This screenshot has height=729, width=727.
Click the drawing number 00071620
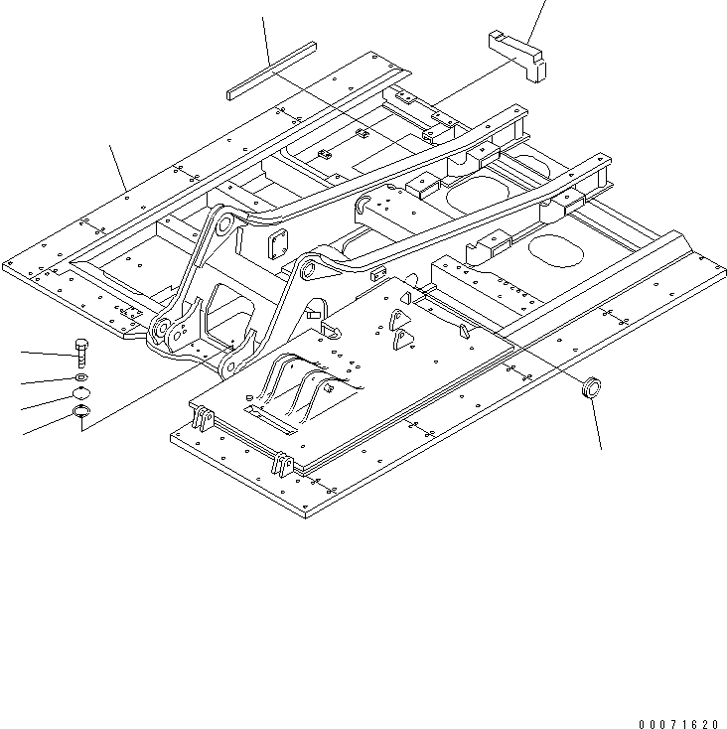678,699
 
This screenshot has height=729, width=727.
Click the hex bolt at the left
81,353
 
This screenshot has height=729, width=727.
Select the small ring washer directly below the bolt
81,379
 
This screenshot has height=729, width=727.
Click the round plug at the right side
592,385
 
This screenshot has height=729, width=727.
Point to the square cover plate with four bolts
277,242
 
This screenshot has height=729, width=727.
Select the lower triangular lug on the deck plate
400,342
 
